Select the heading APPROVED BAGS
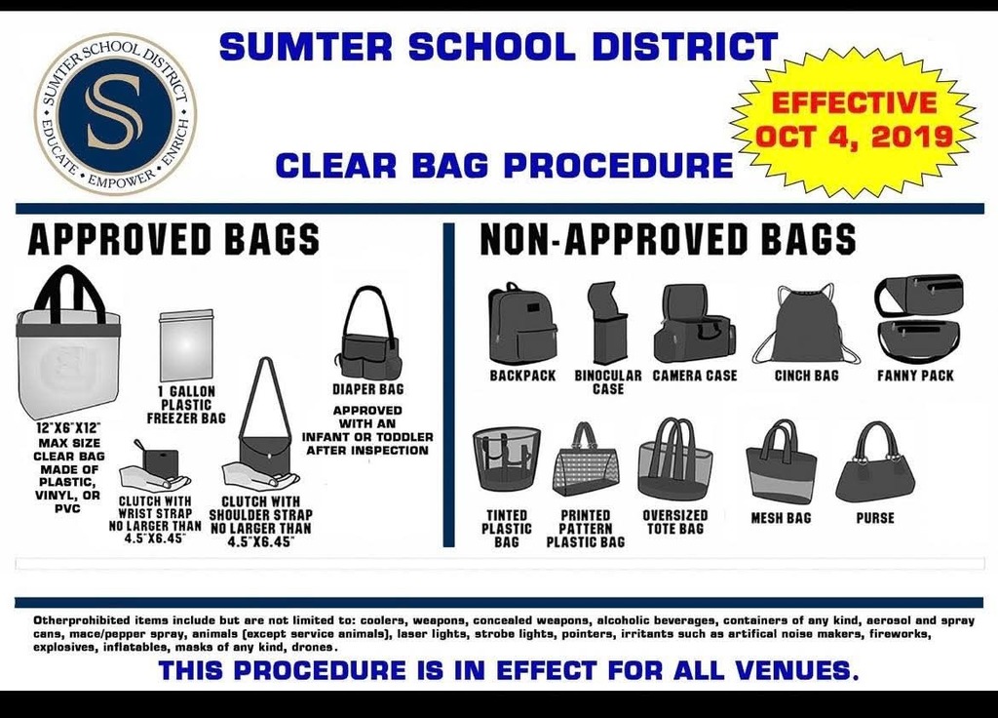click(x=173, y=239)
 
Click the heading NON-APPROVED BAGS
click(x=668, y=239)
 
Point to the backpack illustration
click(x=521, y=324)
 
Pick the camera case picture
click(x=693, y=324)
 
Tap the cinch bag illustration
click(x=806, y=324)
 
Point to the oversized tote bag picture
click(x=674, y=459)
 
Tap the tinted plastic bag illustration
click(x=507, y=459)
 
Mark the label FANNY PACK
click(x=915, y=376)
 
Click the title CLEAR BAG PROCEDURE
click(x=503, y=165)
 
